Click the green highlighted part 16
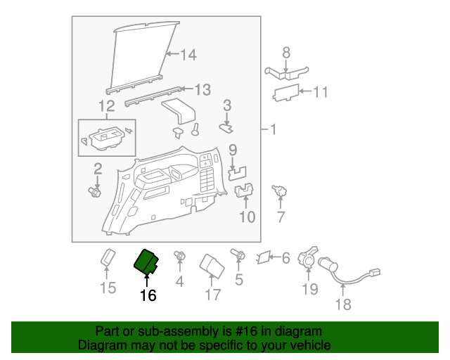[x=146, y=262]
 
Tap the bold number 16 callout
[x=148, y=295]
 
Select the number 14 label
[x=188, y=55]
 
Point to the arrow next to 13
[x=188, y=89]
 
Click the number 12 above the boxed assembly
[x=107, y=106]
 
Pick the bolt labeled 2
[x=94, y=192]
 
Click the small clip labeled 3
[x=226, y=129]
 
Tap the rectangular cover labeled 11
[x=286, y=93]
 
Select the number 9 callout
[x=233, y=150]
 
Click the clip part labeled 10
[x=244, y=190]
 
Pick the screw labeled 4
[x=180, y=255]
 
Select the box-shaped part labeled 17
[x=212, y=266]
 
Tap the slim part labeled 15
[x=108, y=257]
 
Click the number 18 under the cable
[x=343, y=304]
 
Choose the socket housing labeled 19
[x=308, y=257]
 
